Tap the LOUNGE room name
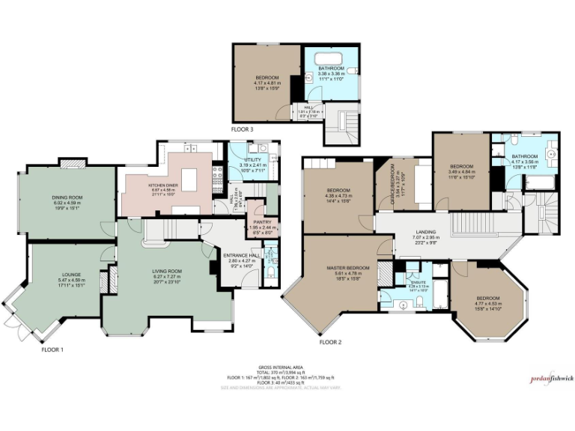[72, 275]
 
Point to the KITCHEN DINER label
[162, 184]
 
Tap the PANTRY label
[261, 222]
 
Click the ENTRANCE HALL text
[240, 255]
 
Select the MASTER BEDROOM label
[348, 268]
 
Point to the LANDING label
[425, 232]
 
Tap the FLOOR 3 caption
[242, 129]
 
